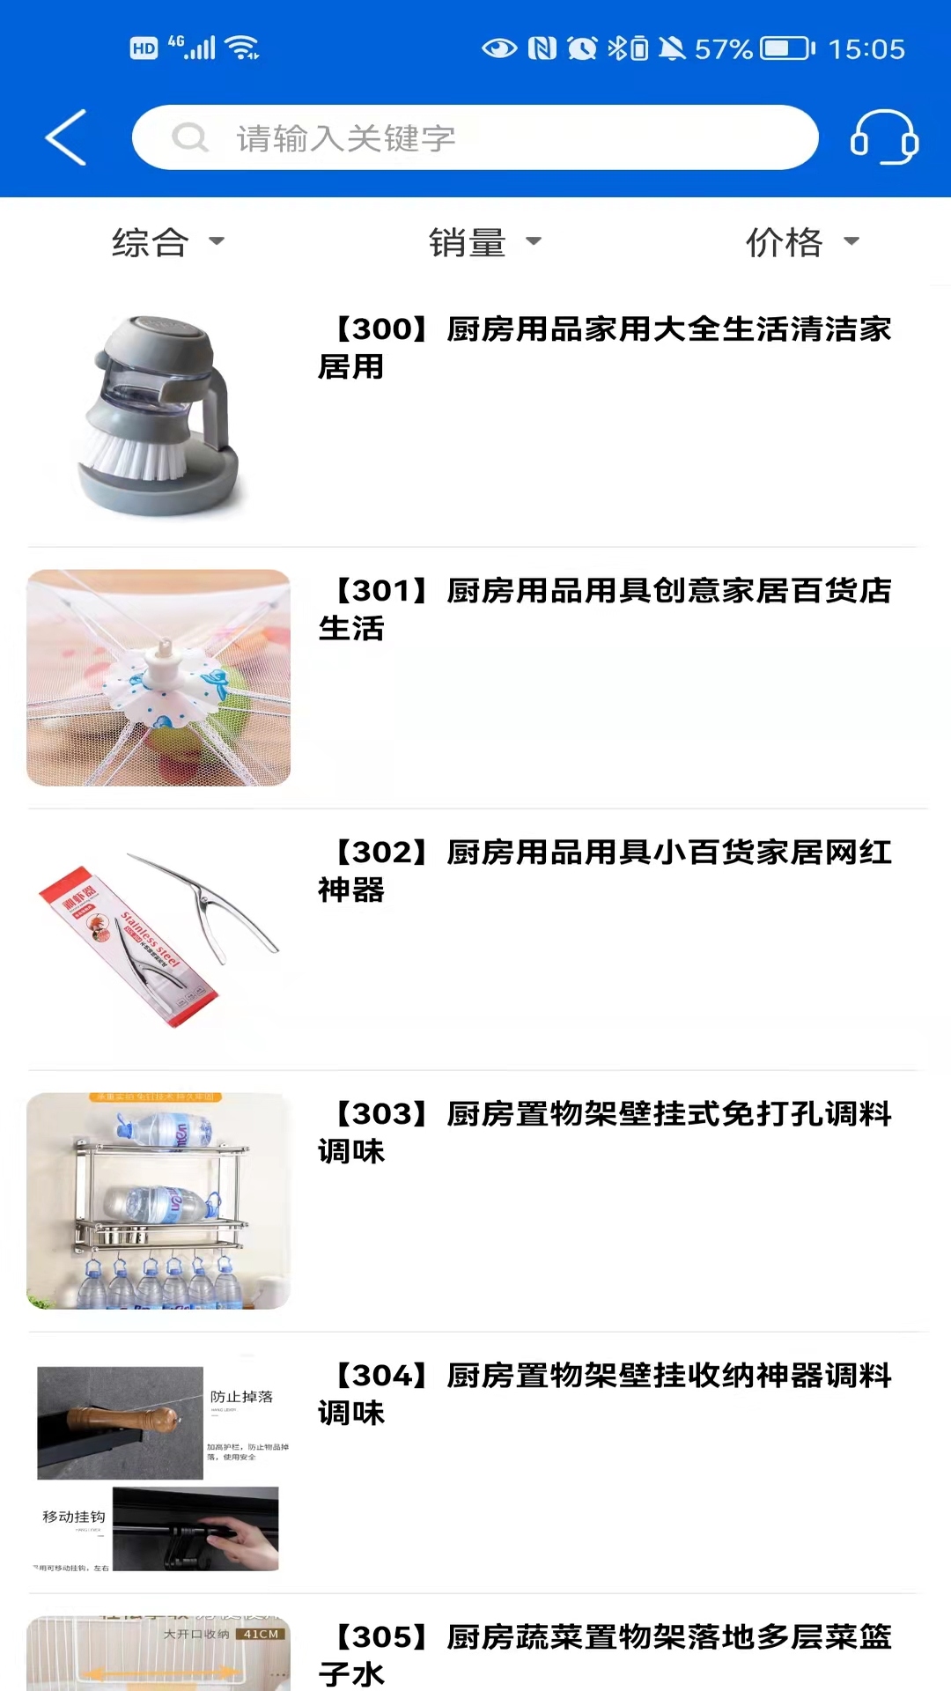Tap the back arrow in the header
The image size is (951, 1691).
click(66, 137)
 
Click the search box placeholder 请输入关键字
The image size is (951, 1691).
click(345, 138)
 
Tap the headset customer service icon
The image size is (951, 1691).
click(883, 137)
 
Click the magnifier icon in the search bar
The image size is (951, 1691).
click(189, 137)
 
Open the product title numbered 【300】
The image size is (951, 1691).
click(604, 347)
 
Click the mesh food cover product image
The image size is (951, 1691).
click(158, 677)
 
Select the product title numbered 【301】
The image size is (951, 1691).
click(604, 609)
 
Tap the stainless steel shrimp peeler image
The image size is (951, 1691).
click(158, 939)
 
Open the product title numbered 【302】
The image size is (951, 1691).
click(604, 870)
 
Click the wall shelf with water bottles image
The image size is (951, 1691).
click(158, 1200)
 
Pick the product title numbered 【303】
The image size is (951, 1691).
click(604, 1132)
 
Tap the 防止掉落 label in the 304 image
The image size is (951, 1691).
click(241, 1397)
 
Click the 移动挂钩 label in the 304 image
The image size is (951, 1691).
click(74, 1517)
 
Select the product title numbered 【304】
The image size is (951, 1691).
click(604, 1393)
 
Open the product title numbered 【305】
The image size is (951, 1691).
click(604, 1654)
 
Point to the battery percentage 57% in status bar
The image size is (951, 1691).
click(723, 48)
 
